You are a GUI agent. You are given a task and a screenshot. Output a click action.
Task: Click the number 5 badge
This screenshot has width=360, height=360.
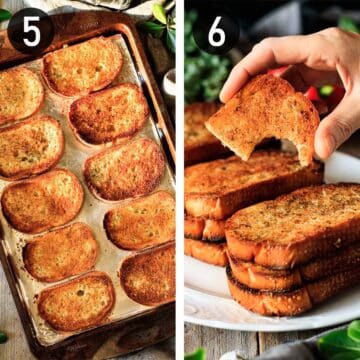tap(31, 31)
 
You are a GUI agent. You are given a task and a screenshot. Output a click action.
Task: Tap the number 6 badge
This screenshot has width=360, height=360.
tap(214, 33)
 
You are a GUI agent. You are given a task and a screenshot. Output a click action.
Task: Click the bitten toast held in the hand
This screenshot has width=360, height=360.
tap(262, 125)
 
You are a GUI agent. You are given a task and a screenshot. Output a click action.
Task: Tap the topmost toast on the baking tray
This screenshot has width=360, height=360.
tap(82, 65)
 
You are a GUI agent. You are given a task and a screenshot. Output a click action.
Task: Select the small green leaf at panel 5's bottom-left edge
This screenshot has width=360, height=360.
tap(4, 337)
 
